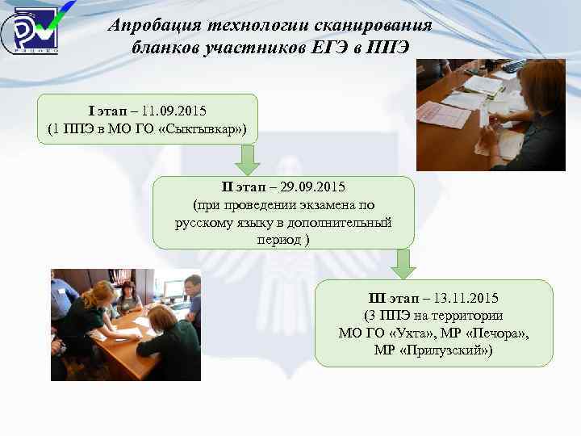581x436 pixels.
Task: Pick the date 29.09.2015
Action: pos(310,188)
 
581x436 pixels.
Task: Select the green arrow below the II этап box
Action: pos(401,262)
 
